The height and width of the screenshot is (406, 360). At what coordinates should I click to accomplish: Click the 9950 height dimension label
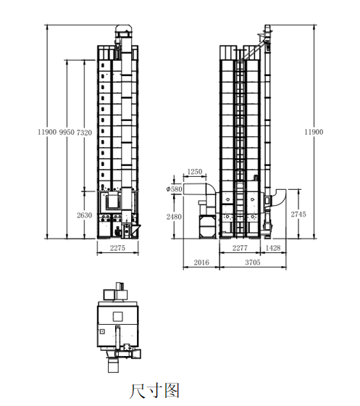tap(67, 132)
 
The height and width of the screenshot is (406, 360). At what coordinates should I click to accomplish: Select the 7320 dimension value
tap(84, 133)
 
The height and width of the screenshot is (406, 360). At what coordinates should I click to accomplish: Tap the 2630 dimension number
tap(84, 215)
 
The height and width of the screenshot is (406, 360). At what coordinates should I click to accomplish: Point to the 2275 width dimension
tap(117, 248)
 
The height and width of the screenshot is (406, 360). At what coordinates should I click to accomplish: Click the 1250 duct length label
tap(194, 172)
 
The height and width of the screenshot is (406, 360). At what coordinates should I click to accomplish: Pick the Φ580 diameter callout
tap(174, 189)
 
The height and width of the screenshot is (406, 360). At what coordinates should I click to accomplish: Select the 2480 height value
tap(174, 217)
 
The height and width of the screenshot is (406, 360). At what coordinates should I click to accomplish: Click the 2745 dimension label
tap(298, 214)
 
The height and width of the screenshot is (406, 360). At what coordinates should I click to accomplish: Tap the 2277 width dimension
tap(240, 248)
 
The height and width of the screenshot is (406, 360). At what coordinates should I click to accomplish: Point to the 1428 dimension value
tap(273, 248)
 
